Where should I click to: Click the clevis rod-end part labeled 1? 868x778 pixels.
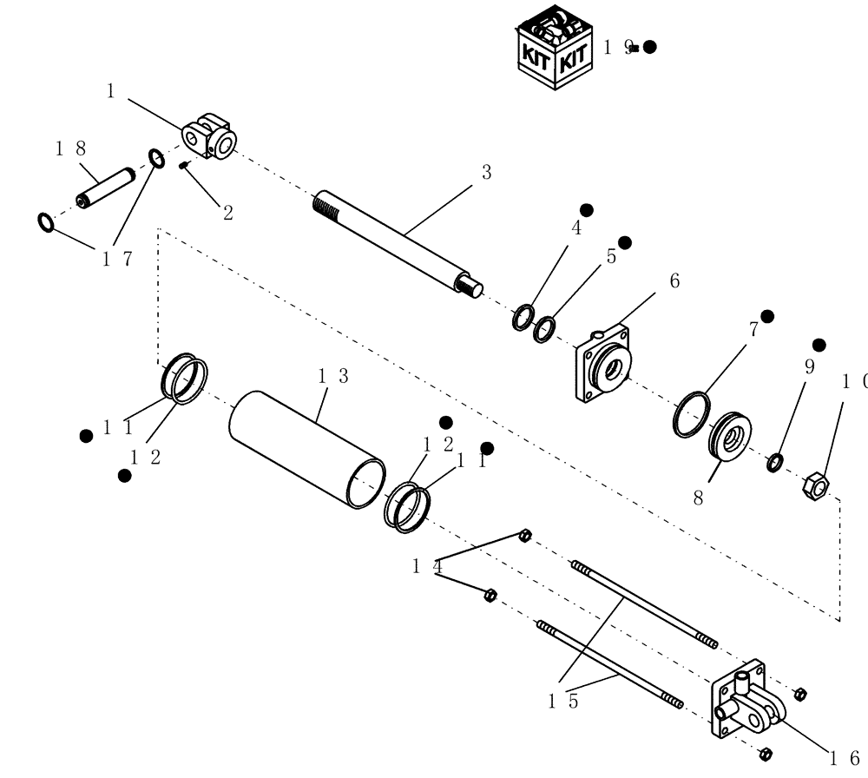212,135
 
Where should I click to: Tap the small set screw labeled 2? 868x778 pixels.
185,165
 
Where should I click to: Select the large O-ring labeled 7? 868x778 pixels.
691,414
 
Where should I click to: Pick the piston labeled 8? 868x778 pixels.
730,435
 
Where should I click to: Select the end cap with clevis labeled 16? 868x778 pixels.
743,704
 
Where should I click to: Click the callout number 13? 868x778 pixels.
333,376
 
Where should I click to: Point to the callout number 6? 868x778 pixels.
674,280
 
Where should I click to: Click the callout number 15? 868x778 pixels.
562,702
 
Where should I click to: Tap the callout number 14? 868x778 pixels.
428,566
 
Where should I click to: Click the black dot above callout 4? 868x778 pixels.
586,210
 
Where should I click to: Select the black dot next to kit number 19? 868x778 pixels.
649,47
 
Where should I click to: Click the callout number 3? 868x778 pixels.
486,172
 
